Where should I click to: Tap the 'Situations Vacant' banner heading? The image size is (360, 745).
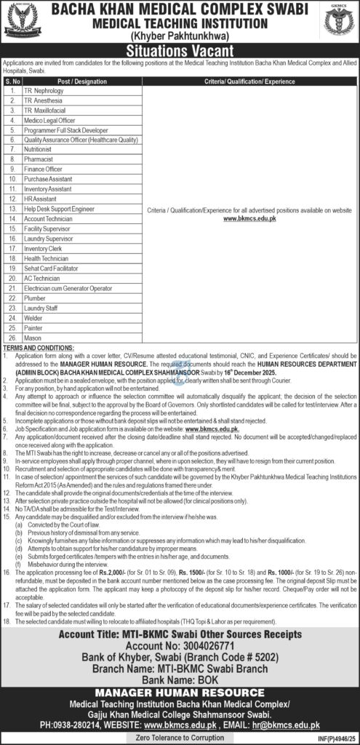tap(180, 51)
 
